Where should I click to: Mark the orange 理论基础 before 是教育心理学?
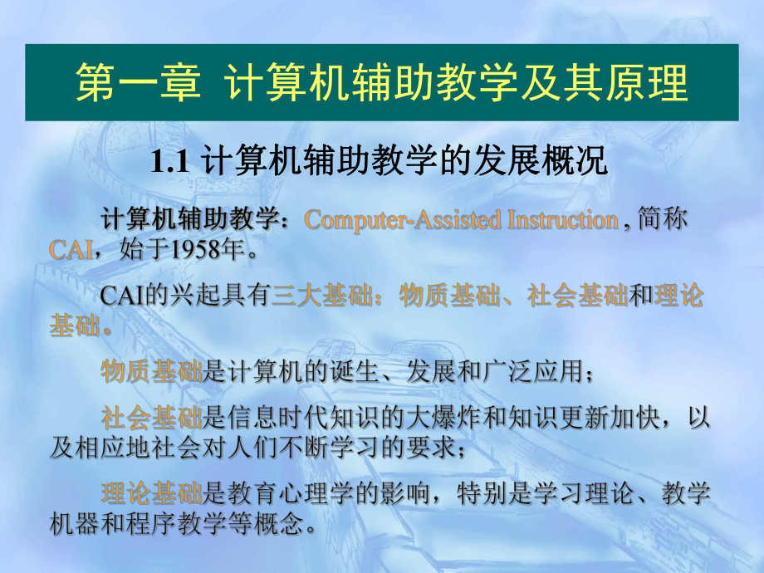[151, 495]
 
